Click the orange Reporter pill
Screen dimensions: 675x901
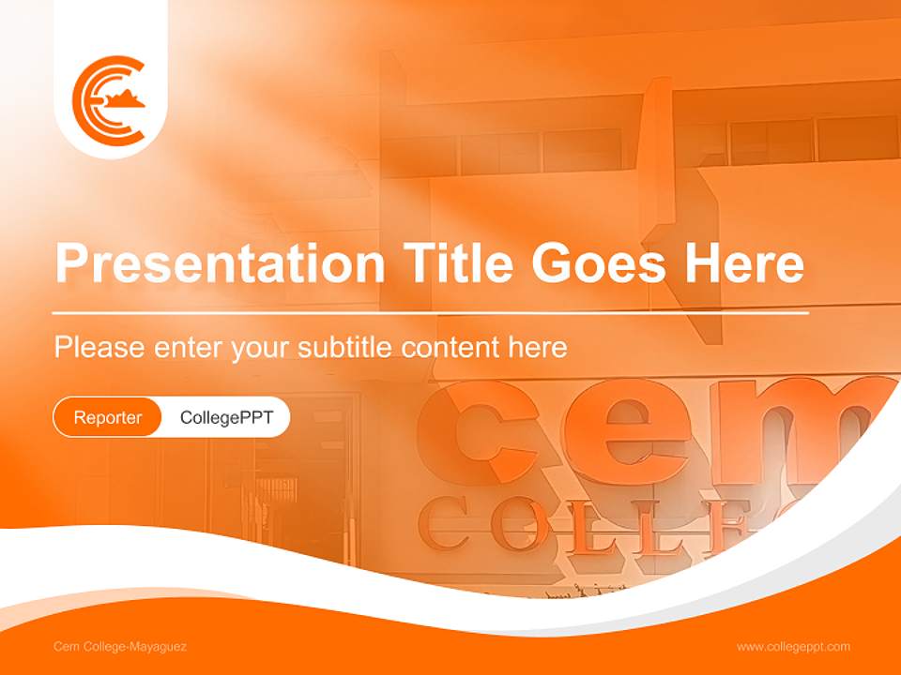tap(108, 417)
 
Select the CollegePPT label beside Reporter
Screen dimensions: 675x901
tap(226, 417)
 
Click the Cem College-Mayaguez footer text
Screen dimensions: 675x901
tap(120, 646)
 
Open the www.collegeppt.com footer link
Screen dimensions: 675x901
tap(793, 646)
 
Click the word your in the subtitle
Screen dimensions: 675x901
tap(263, 349)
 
